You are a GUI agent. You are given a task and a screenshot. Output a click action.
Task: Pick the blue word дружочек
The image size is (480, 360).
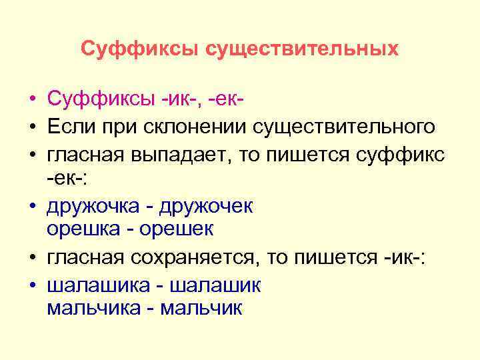207,206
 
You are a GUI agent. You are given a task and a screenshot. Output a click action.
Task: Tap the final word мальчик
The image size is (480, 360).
202,309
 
